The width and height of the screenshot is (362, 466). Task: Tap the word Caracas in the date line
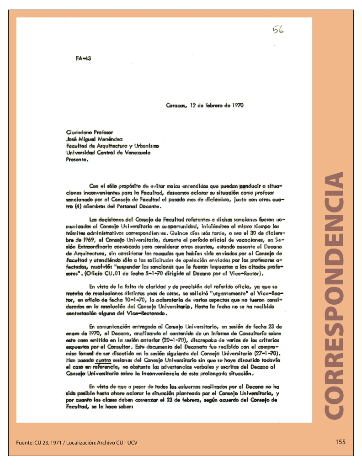pos(176,105)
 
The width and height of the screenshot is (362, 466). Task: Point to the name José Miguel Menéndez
pos(98,139)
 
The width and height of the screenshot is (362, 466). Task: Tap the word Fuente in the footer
pos(24,443)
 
